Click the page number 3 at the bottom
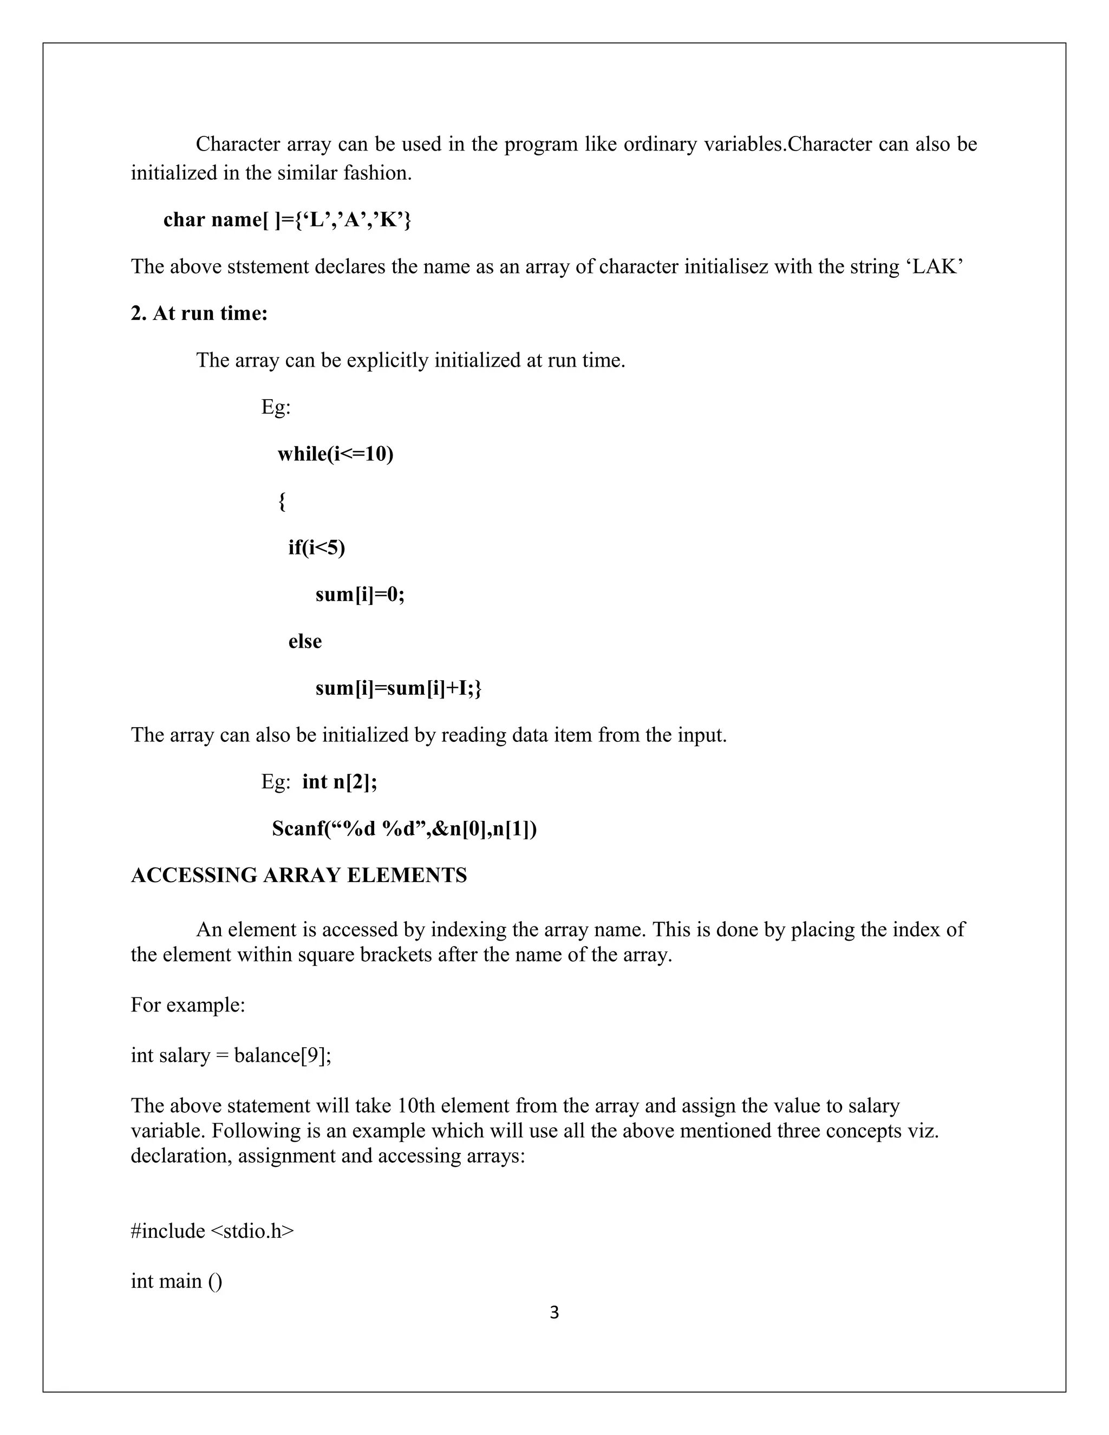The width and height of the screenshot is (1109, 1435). point(554,1312)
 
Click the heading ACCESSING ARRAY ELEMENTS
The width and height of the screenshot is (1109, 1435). point(299,875)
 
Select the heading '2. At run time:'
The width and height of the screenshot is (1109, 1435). point(199,314)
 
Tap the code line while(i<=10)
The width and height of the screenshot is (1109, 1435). point(335,454)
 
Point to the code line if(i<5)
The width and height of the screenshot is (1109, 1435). point(316,547)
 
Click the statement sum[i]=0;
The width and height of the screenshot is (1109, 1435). point(360,595)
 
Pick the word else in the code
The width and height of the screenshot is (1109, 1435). point(305,641)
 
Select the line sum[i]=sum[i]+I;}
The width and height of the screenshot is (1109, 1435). point(398,688)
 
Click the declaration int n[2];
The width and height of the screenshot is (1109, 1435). point(340,782)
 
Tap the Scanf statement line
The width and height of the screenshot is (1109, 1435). point(404,829)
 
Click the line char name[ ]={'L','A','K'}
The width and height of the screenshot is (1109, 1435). point(287,219)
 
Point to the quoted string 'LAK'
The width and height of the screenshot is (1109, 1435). point(938,267)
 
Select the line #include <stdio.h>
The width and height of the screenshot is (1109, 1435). point(212,1231)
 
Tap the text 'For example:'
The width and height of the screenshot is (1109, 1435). point(188,1004)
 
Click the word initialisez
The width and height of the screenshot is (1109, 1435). point(726,267)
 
